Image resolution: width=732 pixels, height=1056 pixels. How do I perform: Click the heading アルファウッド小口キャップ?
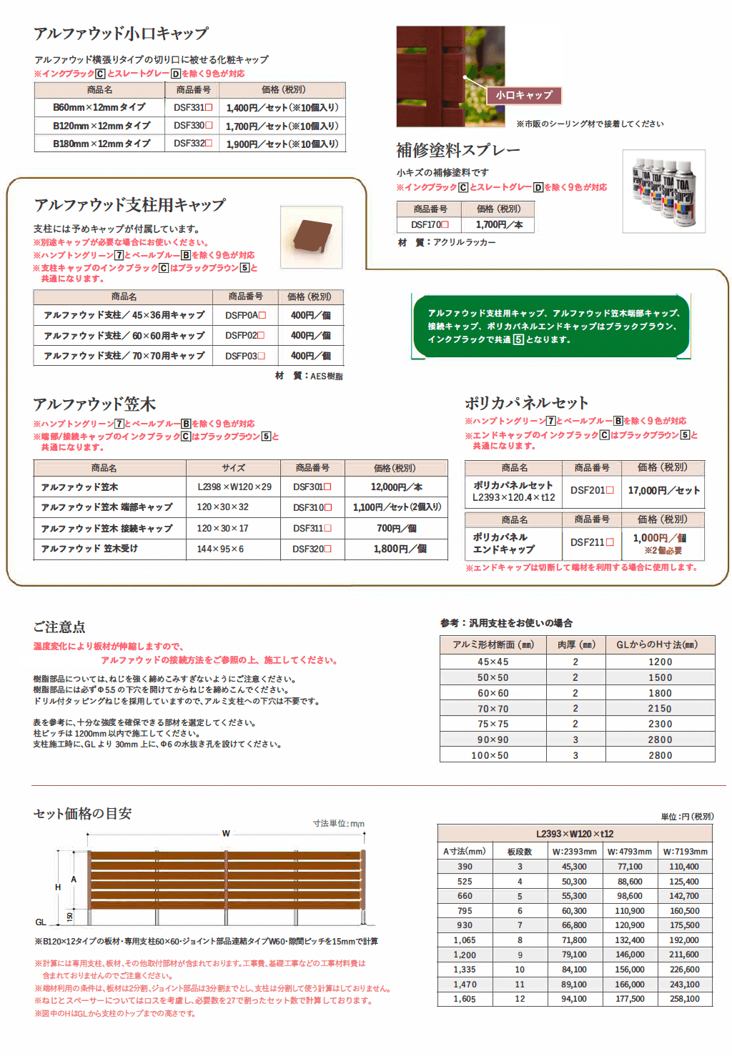pyautogui.click(x=121, y=34)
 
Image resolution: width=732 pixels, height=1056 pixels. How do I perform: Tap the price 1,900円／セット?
pyautogui.click(x=282, y=144)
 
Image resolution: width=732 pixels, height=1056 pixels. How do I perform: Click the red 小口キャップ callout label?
pyautogui.click(x=525, y=95)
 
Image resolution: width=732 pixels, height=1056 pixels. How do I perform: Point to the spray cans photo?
pyautogui.click(x=663, y=191)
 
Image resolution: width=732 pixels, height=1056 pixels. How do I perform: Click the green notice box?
pyautogui.click(x=551, y=327)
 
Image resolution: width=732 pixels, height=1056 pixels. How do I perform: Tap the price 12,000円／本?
pyautogui.click(x=396, y=487)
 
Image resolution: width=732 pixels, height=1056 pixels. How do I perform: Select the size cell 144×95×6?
pyautogui.click(x=220, y=549)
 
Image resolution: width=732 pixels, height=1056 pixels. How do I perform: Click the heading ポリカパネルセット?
pyautogui.click(x=526, y=403)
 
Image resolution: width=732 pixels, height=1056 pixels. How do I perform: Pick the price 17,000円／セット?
pyautogui.click(x=663, y=491)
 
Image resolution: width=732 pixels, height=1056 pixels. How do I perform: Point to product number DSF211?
pyautogui.click(x=592, y=542)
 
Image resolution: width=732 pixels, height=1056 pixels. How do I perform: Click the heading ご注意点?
pyautogui.click(x=59, y=627)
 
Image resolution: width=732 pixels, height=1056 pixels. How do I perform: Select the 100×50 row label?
pyautogui.click(x=493, y=755)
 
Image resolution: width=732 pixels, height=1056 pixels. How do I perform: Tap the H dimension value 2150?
pyautogui.click(x=660, y=709)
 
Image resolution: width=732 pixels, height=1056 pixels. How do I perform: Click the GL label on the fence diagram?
pyautogui.click(x=41, y=922)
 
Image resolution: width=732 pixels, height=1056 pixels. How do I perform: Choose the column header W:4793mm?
pyautogui.click(x=629, y=852)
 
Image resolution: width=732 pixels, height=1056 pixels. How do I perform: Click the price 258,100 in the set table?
pyautogui.click(x=684, y=999)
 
